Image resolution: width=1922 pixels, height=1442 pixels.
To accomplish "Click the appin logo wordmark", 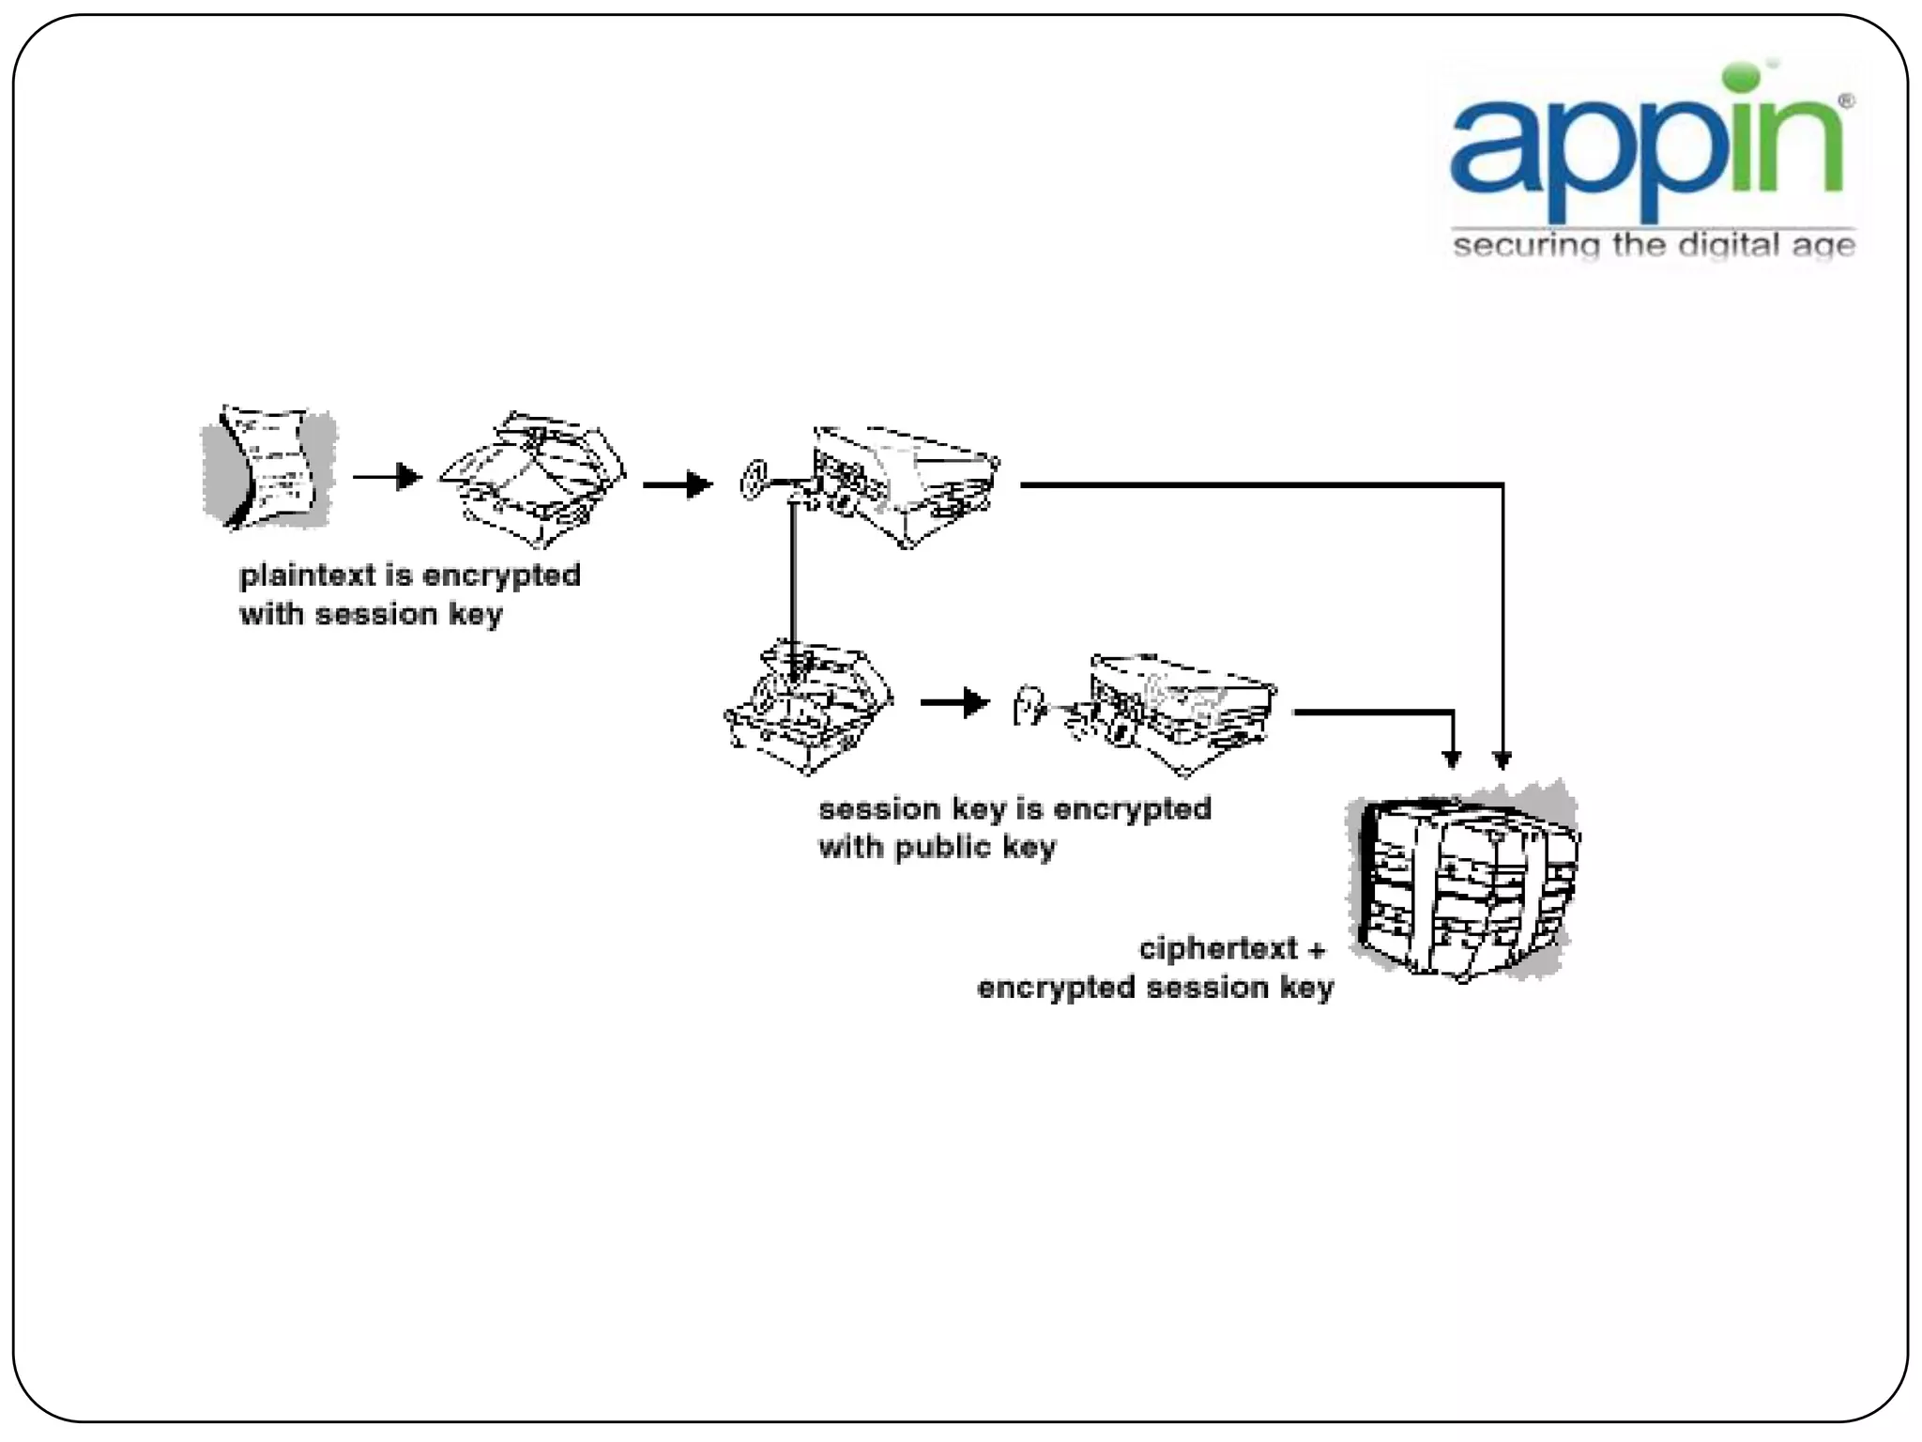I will point(1647,150).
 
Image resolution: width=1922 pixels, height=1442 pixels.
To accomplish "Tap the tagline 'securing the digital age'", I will point(1654,246).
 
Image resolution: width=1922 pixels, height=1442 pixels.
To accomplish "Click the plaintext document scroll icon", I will point(269,467).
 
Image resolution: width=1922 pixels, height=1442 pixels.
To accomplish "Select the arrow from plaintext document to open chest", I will point(387,477).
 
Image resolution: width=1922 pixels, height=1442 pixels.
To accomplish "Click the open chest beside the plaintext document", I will point(533,478).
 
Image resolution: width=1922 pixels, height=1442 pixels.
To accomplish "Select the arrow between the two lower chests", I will point(954,702).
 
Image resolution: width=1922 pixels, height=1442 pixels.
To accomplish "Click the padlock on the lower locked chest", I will point(1030,704).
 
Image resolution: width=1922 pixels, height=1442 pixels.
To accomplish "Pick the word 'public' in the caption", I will point(943,848).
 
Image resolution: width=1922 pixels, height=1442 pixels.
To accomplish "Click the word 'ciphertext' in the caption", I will point(1218,949).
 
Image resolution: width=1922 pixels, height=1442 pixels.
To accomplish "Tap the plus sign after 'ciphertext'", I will point(1317,950).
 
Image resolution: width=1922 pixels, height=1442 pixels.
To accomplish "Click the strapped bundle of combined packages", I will point(1465,883).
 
